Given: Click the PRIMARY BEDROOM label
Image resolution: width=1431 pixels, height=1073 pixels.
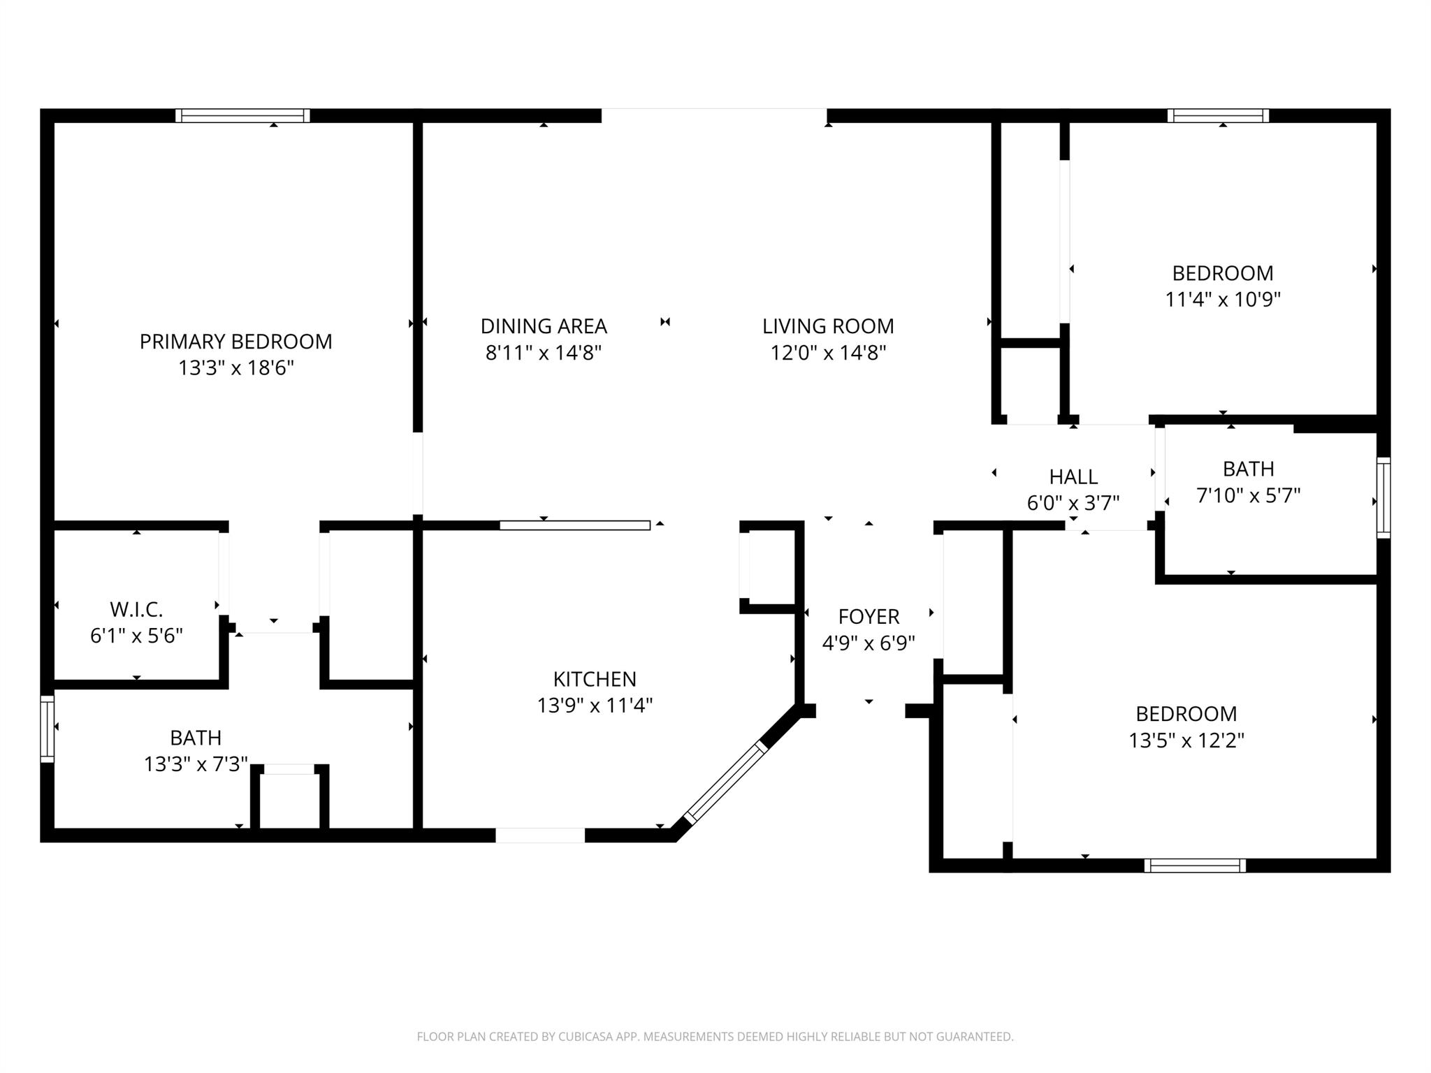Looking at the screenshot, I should tap(235, 342).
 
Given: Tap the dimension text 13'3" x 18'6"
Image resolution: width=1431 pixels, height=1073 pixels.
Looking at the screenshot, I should tap(235, 368).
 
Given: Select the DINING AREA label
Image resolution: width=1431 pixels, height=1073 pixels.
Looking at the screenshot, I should tap(543, 326).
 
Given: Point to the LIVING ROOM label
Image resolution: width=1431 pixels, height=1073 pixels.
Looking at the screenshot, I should tap(827, 326).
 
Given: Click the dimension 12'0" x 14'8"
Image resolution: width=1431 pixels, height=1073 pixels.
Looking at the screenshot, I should tap(827, 353).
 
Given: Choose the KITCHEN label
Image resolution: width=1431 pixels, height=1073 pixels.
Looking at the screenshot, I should tap(594, 679).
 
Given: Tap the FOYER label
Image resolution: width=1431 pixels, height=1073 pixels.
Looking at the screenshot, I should tap(868, 616).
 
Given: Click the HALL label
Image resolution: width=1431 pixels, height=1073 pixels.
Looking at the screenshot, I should tap(1073, 477).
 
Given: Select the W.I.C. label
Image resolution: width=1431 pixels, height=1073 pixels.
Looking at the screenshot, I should tap(136, 610).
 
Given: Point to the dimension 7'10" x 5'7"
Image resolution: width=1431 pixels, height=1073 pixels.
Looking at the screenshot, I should tap(1248, 496).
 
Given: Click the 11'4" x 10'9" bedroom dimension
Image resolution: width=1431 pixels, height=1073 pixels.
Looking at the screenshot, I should tap(1222, 300).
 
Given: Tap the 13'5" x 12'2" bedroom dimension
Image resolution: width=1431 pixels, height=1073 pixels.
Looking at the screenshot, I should tap(1186, 740).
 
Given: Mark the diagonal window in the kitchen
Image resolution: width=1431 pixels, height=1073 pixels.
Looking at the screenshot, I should tap(726, 782).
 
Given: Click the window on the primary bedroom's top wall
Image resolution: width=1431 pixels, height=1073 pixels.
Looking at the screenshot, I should tap(242, 115).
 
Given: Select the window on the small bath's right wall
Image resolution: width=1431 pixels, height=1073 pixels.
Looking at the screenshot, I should tap(1383, 497).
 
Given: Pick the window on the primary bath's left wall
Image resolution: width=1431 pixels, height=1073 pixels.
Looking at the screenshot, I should tap(47, 729).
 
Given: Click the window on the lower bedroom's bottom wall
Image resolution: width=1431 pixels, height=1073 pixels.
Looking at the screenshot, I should tap(1194, 866).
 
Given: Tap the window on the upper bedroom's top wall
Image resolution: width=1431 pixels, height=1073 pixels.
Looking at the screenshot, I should tap(1217, 115).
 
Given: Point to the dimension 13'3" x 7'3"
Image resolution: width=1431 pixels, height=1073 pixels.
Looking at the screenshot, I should tap(196, 765).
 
